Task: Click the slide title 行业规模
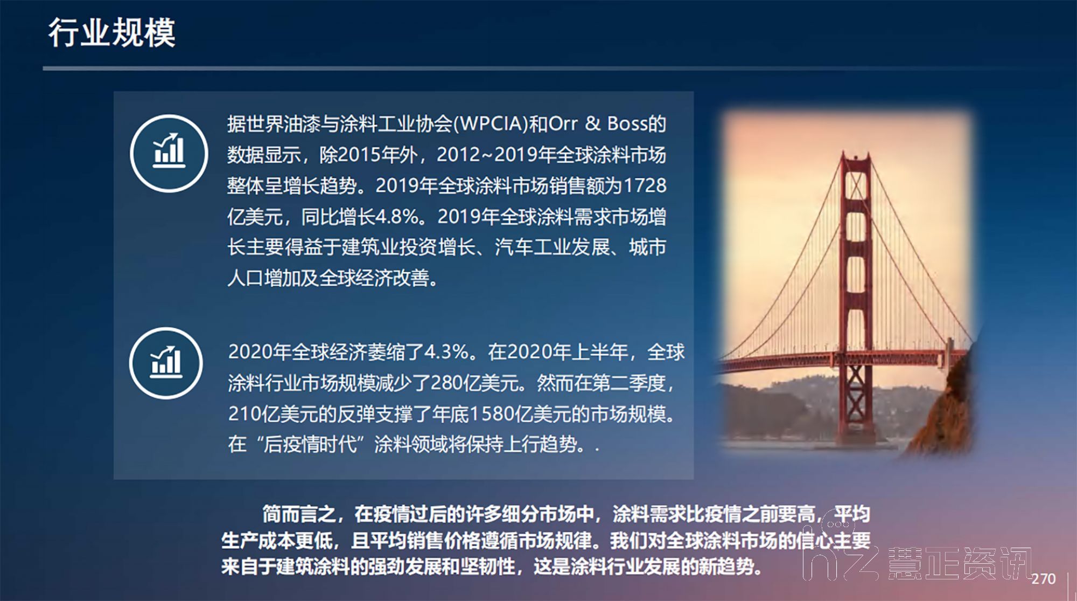click(112, 32)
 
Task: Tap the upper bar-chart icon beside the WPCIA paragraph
click(169, 153)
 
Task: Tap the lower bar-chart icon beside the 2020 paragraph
click(166, 363)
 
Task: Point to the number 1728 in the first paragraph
click(645, 185)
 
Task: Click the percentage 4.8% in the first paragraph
click(397, 217)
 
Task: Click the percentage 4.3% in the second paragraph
click(446, 352)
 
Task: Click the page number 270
click(1043, 579)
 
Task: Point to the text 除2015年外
click(369, 155)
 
